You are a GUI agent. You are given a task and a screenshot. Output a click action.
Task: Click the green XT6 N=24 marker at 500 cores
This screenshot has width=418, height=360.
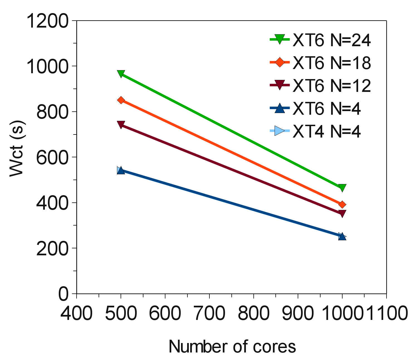(121, 74)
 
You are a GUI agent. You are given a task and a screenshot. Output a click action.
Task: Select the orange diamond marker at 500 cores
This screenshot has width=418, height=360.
(121, 100)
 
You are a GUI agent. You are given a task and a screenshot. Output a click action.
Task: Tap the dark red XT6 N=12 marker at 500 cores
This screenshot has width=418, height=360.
(121, 124)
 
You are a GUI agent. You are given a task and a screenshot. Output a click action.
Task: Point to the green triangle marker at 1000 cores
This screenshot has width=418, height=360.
(342, 188)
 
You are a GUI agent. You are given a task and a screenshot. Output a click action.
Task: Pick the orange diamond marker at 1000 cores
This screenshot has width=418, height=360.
(342, 205)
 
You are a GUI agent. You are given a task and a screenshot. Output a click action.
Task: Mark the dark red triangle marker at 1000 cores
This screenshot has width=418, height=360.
(342, 214)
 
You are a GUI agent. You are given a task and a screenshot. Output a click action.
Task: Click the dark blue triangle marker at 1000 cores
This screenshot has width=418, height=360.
(342, 236)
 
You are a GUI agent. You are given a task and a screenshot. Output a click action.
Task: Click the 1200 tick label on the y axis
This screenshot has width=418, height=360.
(47, 21)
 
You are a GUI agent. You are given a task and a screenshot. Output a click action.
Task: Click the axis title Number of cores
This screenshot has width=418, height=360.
(232, 347)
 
